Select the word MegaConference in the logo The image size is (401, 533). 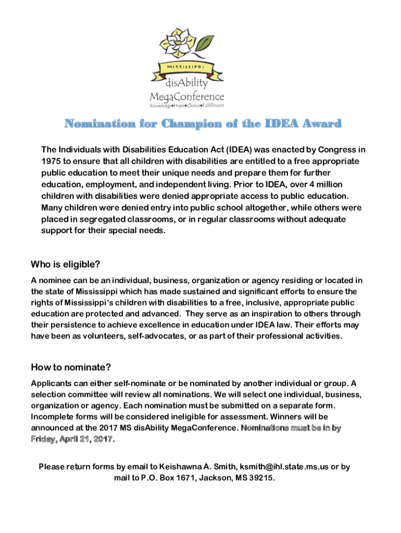pyautogui.click(x=187, y=96)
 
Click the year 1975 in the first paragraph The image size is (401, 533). pyautogui.click(x=52, y=161)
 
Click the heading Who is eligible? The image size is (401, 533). pyautogui.click(x=66, y=264)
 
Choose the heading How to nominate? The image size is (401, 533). pyautogui.click(x=71, y=368)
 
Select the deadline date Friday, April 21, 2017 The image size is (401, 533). pyautogui.click(x=72, y=439)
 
